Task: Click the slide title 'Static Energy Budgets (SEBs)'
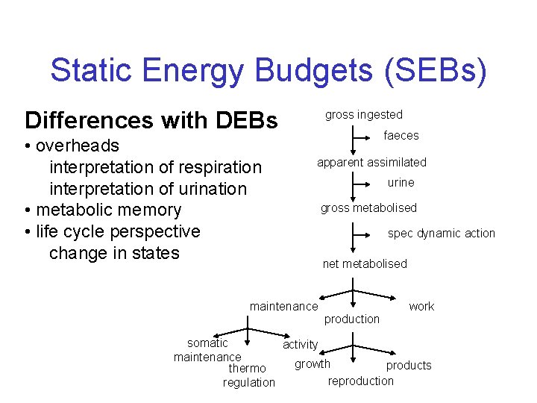pos(268,71)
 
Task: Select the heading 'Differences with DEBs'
pos(151,120)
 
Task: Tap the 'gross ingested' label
pos(363,115)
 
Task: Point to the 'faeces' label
pos(401,136)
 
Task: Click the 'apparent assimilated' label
pos(371,163)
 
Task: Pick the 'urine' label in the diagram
pos(401,183)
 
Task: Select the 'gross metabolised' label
pos(368,208)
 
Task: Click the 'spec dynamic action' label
pos(441,234)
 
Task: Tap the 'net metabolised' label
pos(365,264)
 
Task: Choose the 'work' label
pos(421,307)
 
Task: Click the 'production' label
pos(352,319)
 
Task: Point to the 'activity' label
pos(300,344)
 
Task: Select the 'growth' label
pos(312,364)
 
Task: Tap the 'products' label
pos(408,366)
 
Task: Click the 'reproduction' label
pos(360,381)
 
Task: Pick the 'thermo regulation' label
pos(248,375)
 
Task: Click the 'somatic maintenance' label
pos(207,350)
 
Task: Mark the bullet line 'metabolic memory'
pos(103,210)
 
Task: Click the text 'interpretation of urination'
pos(148,189)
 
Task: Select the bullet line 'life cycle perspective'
pos(112,232)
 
